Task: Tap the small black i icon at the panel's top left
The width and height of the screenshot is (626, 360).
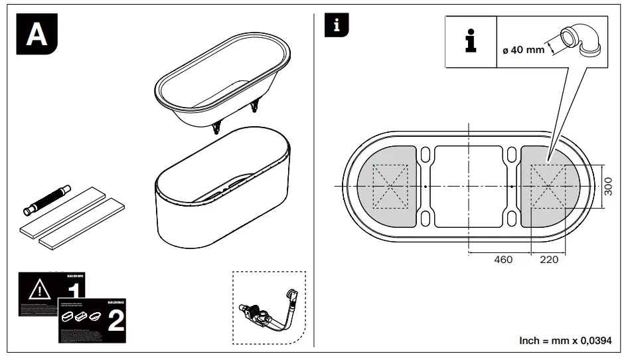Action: (x=337, y=26)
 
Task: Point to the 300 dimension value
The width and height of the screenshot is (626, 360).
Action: (x=609, y=187)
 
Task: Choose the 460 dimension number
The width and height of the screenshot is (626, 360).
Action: (x=503, y=260)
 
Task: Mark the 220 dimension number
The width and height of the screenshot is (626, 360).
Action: (x=549, y=260)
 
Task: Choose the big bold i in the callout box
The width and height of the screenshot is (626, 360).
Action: (x=471, y=41)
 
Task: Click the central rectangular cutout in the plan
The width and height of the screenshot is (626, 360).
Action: (x=468, y=187)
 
